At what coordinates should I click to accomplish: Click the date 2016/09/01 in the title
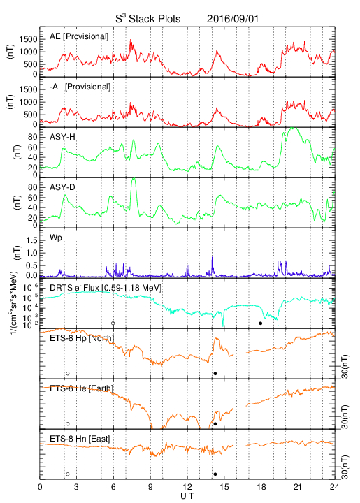(232, 19)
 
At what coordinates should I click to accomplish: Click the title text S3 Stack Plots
(148, 18)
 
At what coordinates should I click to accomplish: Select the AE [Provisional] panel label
(79, 36)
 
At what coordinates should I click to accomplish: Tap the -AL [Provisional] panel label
(80, 87)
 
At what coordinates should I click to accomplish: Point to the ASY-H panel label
(62, 137)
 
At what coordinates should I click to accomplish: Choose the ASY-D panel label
(62, 187)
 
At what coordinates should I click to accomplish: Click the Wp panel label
(56, 238)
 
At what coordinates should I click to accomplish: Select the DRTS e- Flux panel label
(106, 288)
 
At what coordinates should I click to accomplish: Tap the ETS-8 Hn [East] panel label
(80, 439)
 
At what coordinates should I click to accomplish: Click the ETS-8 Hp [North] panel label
(82, 338)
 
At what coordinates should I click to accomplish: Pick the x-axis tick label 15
(224, 487)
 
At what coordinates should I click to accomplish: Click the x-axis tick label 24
(335, 487)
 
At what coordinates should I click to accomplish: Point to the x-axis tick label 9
(150, 487)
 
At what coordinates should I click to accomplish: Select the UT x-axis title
(187, 496)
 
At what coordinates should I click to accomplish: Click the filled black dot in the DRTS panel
(261, 323)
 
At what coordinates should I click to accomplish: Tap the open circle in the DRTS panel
(113, 323)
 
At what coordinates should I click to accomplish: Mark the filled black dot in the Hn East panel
(215, 474)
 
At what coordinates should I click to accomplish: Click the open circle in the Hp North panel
(68, 373)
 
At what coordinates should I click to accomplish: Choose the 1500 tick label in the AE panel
(28, 39)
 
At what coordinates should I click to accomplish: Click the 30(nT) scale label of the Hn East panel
(345, 467)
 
